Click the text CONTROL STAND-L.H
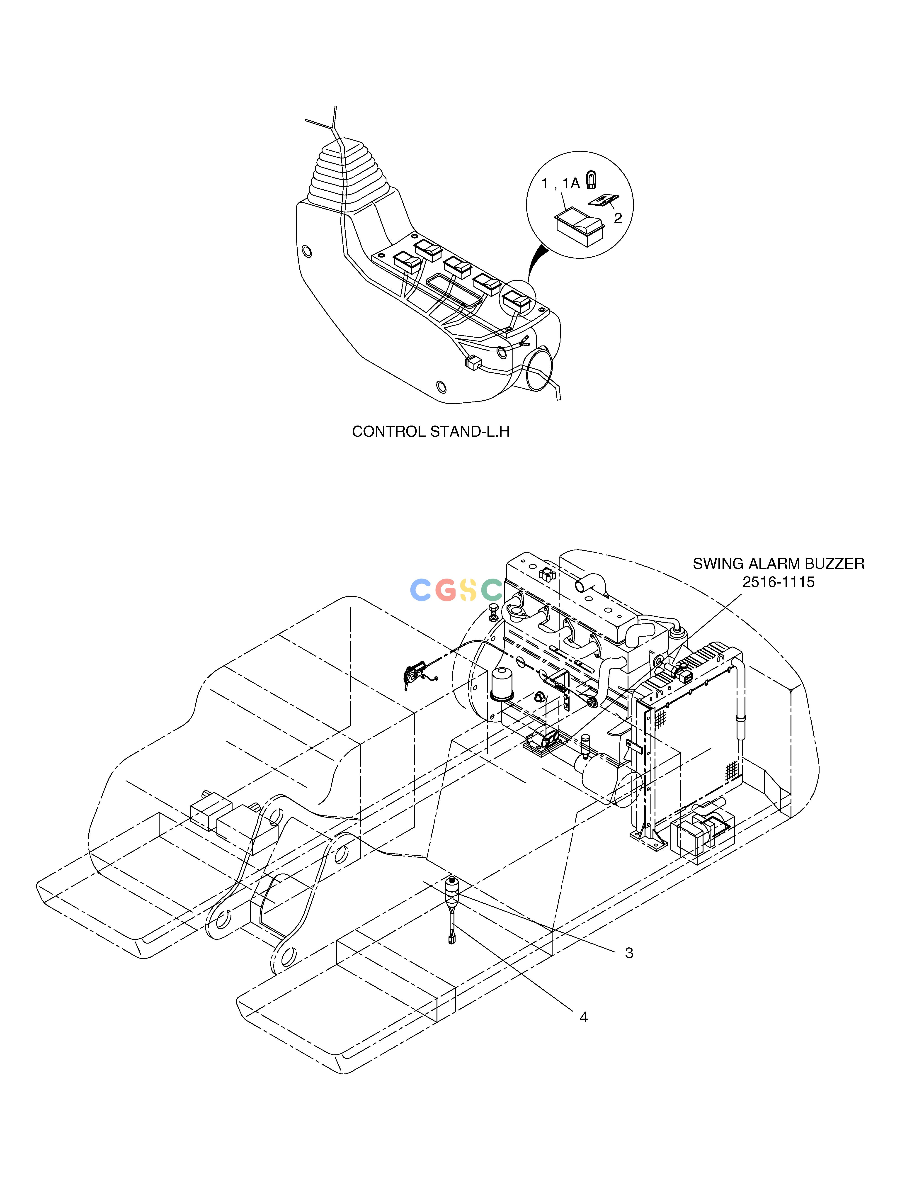tap(431, 432)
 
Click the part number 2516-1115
tap(778, 582)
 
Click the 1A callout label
tap(571, 184)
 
